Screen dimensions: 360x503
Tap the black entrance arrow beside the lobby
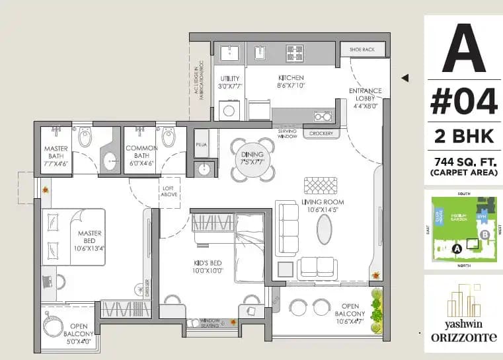pyautogui.click(x=405, y=78)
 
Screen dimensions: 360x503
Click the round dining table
pyautogui.click(x=252, y=159)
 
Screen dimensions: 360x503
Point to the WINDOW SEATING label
pyautogui.click(x=210, y=322)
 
